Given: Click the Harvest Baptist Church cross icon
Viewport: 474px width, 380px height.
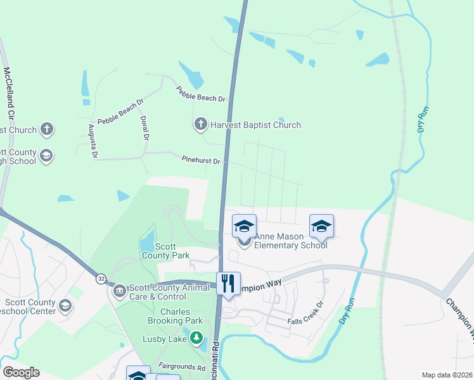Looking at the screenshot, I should pos(201,124).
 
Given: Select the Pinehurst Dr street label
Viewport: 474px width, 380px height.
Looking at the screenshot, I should pos(200,161).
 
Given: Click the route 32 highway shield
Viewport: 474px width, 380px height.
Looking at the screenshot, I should pos(101,278).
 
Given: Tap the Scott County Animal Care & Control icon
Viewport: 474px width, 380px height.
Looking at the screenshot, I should pos(119,291).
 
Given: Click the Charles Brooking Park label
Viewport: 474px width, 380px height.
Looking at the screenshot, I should pos(166,317).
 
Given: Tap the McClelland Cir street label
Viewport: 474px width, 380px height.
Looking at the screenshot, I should pos(10,94).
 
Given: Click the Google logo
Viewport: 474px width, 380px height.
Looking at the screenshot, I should pos(21,372).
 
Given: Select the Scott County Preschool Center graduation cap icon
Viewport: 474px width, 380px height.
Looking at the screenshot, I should pos(65,307).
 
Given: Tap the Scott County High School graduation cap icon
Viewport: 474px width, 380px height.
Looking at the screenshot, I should pos(46,156).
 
